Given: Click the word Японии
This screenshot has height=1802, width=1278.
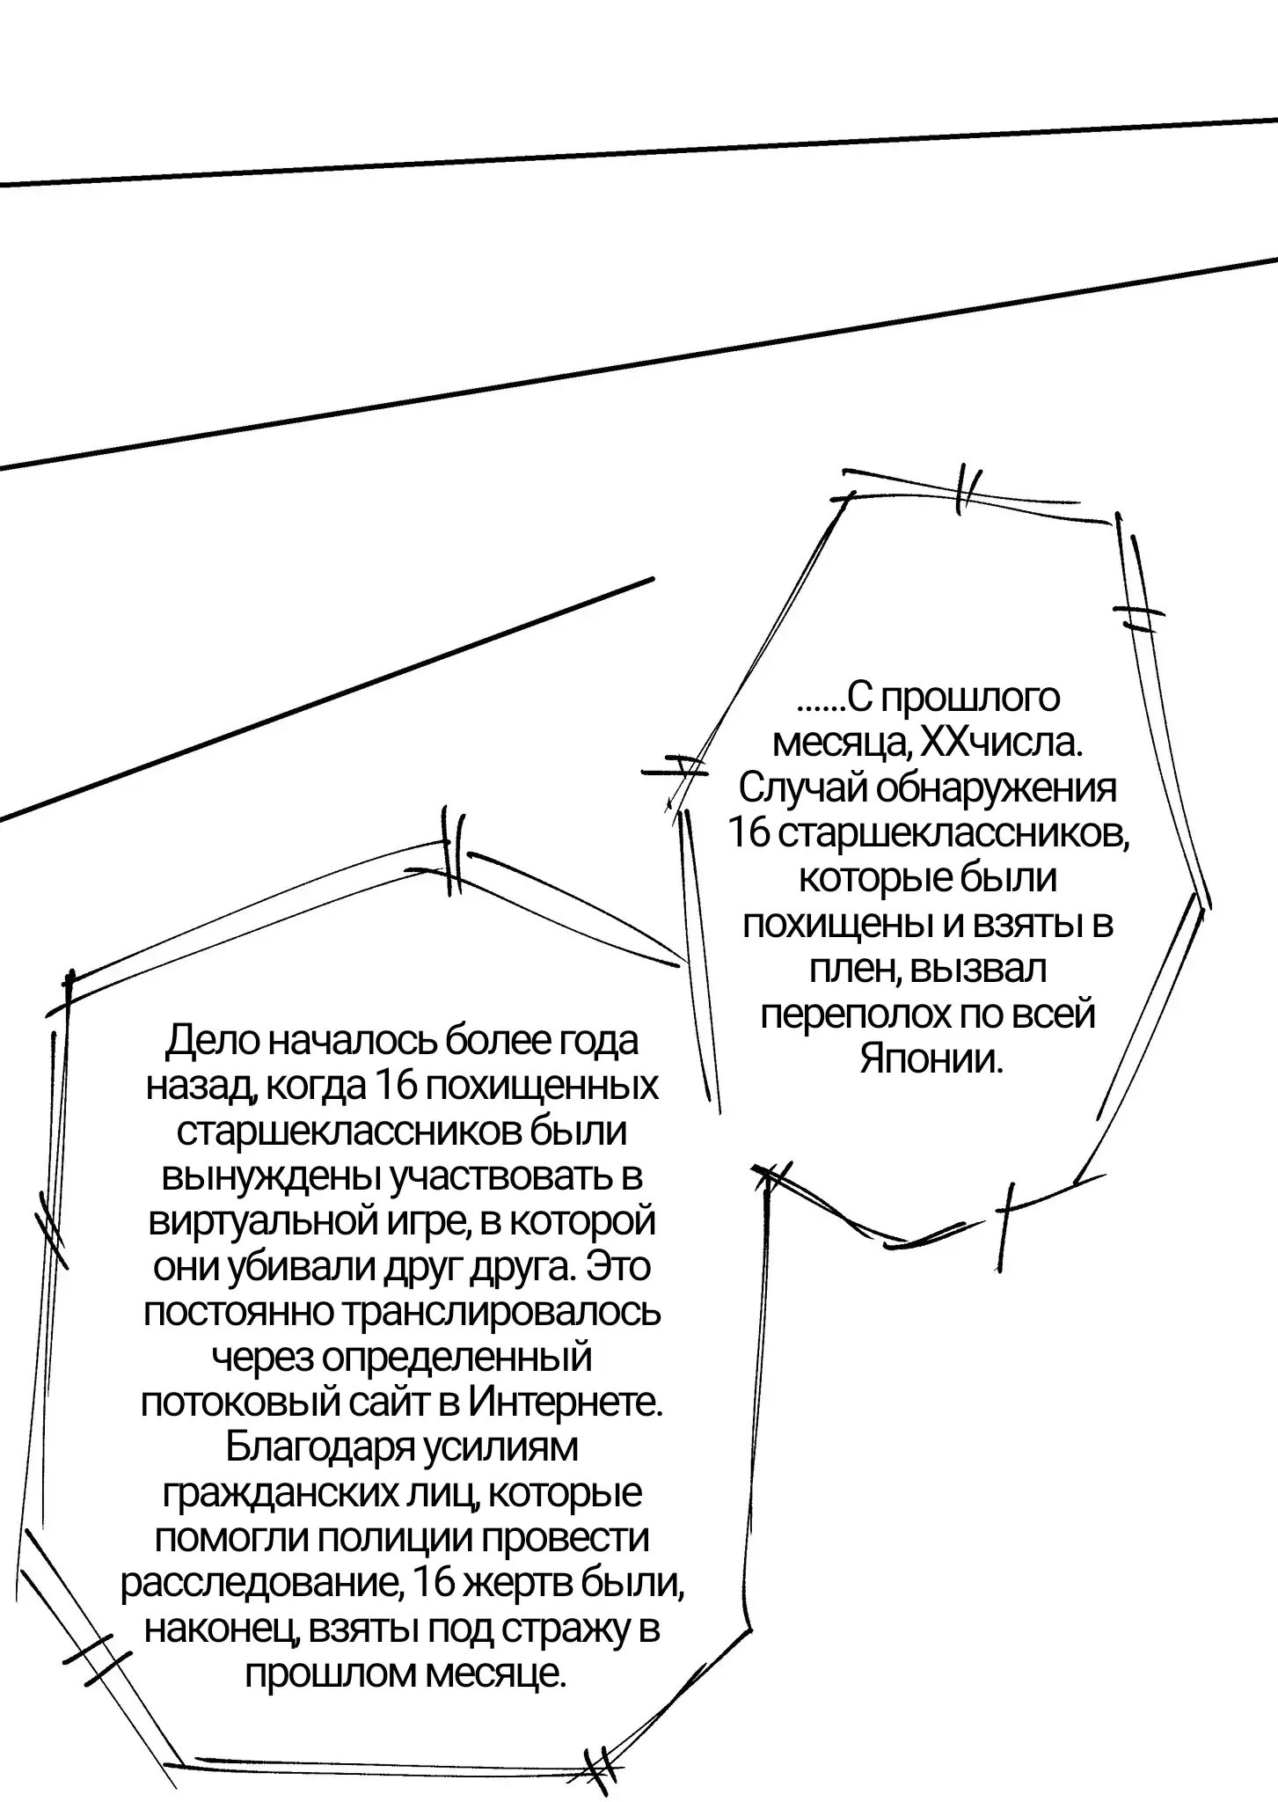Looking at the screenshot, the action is [x=931, y=1059].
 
